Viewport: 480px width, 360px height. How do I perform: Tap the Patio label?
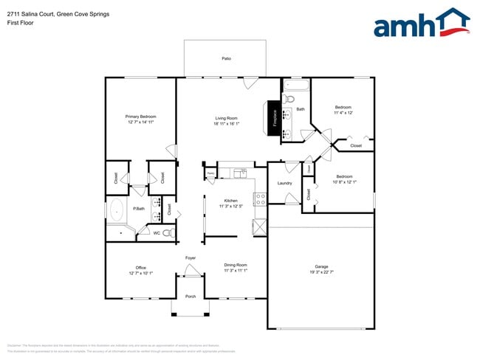point(226,58)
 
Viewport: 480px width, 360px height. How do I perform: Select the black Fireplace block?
point(275,118)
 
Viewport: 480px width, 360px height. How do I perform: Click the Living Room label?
point(226,118)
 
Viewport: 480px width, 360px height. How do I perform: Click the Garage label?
point(321,266)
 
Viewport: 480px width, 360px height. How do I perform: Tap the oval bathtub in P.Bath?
point(117,212)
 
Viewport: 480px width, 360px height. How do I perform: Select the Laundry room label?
point(284,183)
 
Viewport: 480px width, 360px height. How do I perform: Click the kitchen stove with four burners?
point(259,199)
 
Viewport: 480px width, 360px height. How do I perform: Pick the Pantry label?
point(210,175)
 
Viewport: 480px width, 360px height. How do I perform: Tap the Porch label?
point(191,297)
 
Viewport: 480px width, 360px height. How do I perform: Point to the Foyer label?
point(191,257)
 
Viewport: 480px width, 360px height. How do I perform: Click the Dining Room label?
point(235,264)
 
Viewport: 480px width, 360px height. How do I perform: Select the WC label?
point(157,233)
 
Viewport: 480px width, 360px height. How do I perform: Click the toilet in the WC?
point(168,233)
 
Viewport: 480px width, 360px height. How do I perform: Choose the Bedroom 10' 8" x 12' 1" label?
point(345,176)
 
